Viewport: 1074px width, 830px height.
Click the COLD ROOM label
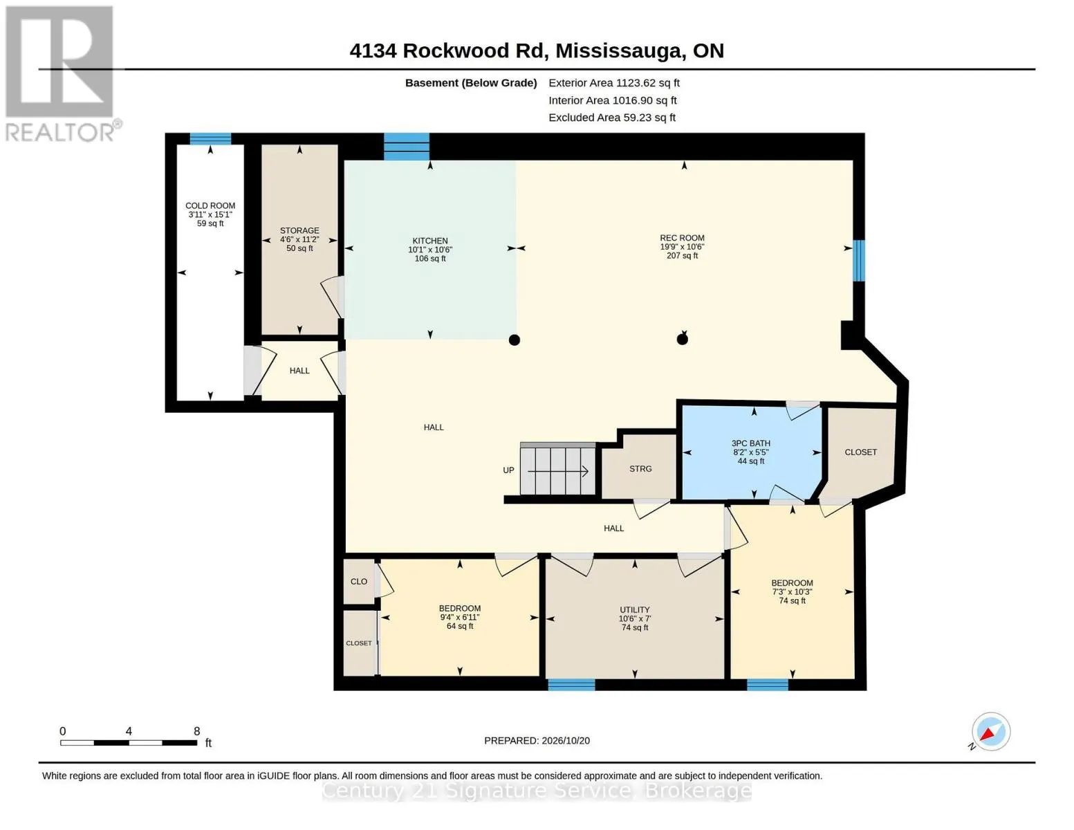click(210, 205)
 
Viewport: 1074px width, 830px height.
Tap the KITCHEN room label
click(430, 241)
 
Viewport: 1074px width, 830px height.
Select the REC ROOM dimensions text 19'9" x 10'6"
click(682, 247)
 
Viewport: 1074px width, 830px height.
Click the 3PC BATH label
click(751, 443)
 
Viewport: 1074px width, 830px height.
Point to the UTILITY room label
click(635, 609)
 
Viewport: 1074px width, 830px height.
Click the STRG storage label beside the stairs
click(640, 469)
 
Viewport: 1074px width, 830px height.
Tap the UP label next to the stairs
click(508, 470)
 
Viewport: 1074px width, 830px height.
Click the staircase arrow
click(558, 472)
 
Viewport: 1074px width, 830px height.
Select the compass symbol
click(990, 732)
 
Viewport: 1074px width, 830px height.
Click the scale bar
click(129, 742)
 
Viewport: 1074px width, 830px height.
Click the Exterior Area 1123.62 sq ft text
click(614, 83)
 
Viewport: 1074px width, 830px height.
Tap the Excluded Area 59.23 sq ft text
click(612, 118)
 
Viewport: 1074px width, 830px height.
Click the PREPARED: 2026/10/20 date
click(537, 741)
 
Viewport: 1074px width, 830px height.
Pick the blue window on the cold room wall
click(210, 138)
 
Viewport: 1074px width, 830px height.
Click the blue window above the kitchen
click(406, 147)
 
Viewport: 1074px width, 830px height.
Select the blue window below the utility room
click(571, 685)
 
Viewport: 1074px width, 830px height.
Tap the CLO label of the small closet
click(359, 582)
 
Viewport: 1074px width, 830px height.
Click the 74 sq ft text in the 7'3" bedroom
click(793, 600)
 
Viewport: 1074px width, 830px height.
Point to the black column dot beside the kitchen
click(515, 340)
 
